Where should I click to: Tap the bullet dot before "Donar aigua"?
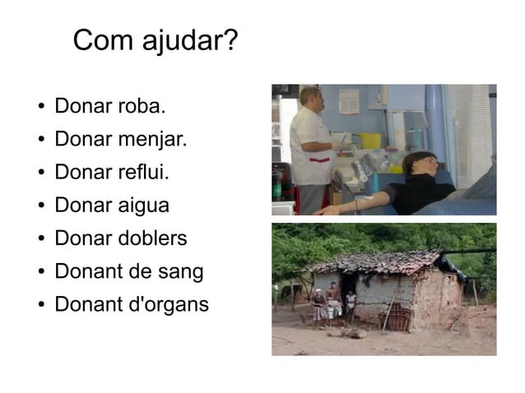pyautogui.click(x=41, y=206)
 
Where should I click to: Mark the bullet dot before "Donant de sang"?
pyautogui.click(x=41, y=272)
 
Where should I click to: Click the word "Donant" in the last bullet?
pyautogui.click(x=86, y=304)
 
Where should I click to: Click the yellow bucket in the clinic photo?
pyautogui.click(x=371, y=141)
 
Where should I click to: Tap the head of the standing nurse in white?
pyautogui.click(x=309, y=97)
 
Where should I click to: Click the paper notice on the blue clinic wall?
pyautogui.click(x=348, y=100)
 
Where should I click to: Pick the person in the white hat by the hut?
pyautogui.click(x=318, y=304)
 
